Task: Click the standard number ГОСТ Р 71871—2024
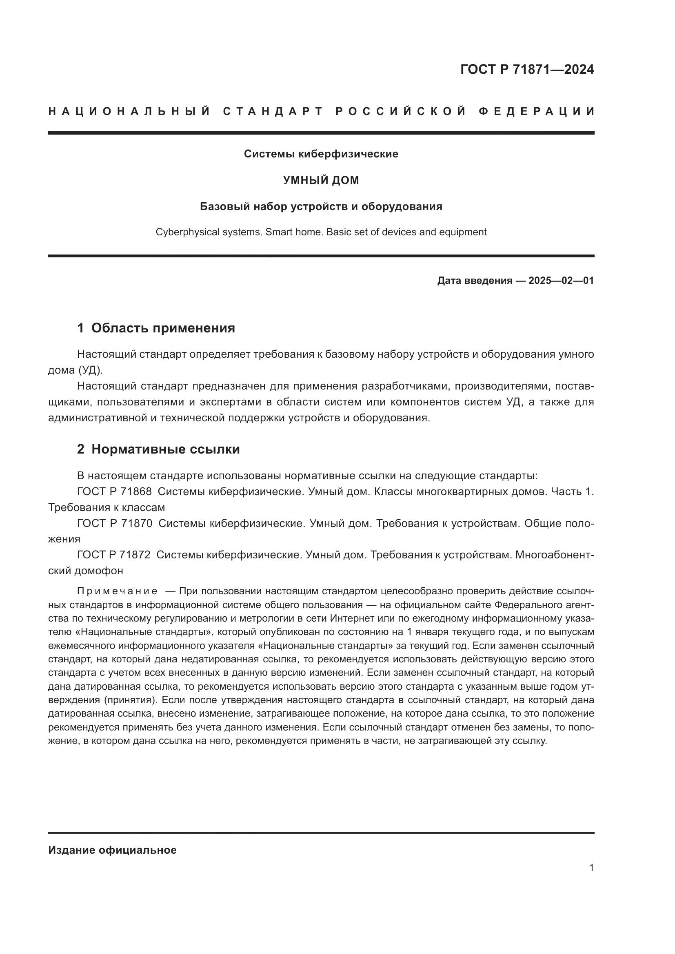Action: (x=526, y=69)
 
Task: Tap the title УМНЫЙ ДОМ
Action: (x=321, y=180)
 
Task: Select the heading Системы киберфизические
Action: (x=321, y=154)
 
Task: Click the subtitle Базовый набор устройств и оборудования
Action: (x=321, y=206)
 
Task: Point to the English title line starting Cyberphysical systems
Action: (x=321, y=232)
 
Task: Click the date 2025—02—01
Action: (x=561, y=281)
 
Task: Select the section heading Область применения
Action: (x=163, y=328)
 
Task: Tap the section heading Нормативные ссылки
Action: (x=165, y=449)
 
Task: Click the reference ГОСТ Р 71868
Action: (x=114, y=491)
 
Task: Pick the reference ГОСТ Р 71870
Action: (x=114, y=524)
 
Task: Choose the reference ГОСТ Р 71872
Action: (x=114, y=555)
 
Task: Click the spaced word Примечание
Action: (x=117, y=591)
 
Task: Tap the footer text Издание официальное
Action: (x=112, y=850)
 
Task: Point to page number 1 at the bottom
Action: (x=591, y=868)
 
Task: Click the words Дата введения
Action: (x=474, y=281)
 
